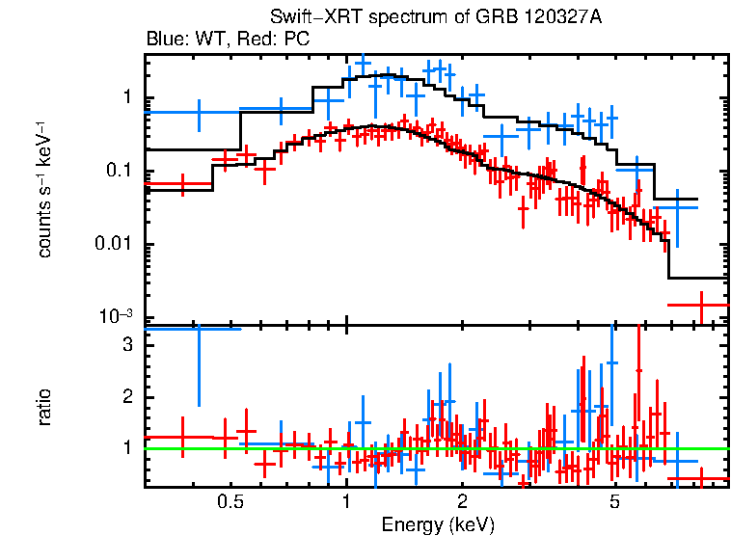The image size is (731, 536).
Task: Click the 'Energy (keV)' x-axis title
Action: (x=438, y=525)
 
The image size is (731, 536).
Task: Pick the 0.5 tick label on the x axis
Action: (x=230, y=502)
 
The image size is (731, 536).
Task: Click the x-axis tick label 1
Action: (x=346, y=502)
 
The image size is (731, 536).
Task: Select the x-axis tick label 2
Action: (x=462, y=502)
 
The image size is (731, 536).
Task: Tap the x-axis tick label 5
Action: (x=615, y=502)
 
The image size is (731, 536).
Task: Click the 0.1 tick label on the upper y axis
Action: (x=118, y=172)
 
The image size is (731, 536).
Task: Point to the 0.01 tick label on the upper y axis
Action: (x=113, y=245)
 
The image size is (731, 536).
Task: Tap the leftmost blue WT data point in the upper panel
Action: (x=199, y=113)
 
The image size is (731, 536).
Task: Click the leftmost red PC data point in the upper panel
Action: (x=181, y=183)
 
